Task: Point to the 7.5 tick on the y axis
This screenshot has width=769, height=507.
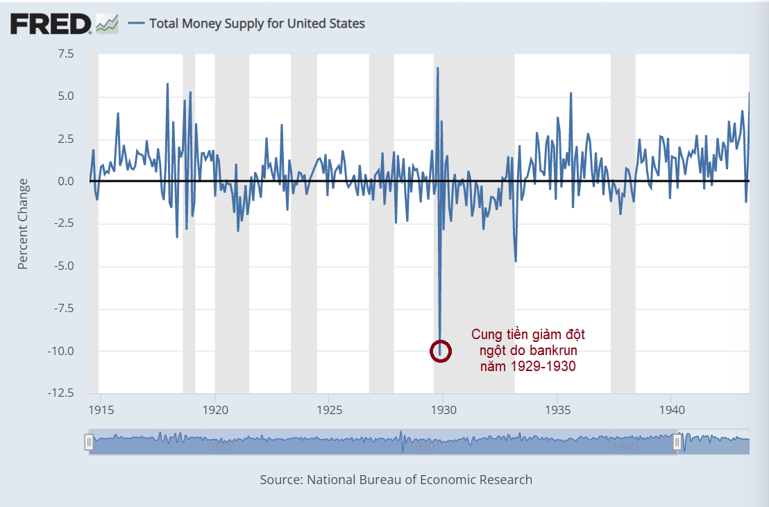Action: [x=65, y=53]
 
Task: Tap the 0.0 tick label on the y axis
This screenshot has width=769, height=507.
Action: [x=65, y=181]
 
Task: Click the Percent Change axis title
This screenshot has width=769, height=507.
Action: [x=23, y=224]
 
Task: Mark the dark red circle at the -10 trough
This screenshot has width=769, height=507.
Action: [x=441, y=351]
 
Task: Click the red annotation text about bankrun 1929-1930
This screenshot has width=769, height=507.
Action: [x=527, y=350]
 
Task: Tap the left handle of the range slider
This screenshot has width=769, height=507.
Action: [x=89, y=442]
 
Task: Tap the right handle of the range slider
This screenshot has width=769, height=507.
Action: [x=677, y=442]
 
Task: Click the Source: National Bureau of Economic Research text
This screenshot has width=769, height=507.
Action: [x=396, y=479]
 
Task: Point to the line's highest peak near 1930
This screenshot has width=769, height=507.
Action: [x=437, y=68]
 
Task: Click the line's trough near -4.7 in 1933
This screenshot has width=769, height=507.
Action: [x=516, y=261]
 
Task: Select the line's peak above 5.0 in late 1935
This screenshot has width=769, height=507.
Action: [x=571, y=93]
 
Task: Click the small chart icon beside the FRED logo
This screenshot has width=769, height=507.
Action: [x=107, y=24]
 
